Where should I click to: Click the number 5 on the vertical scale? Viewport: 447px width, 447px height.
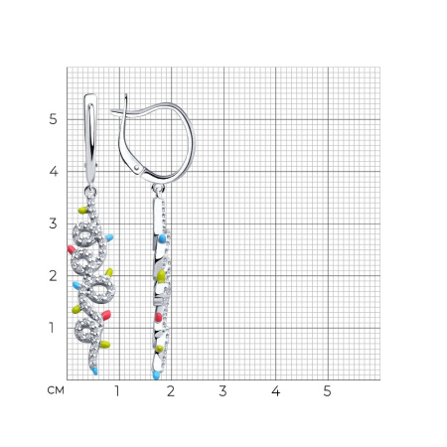point(53,119)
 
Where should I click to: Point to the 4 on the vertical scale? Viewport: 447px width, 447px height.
point(54,172)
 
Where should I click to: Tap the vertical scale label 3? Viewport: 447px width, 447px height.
point(53,223)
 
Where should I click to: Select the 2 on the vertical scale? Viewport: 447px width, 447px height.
point(53,276)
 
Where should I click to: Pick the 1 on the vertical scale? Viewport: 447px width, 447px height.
point(52,328)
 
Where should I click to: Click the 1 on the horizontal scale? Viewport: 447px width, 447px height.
point(117,391)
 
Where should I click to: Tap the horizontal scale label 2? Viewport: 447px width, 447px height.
point(171,391)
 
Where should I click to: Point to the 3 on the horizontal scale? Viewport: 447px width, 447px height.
point(223,391)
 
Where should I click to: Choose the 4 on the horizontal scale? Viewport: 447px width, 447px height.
point(275,391)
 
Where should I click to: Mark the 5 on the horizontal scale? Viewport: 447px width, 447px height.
point(327,391)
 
